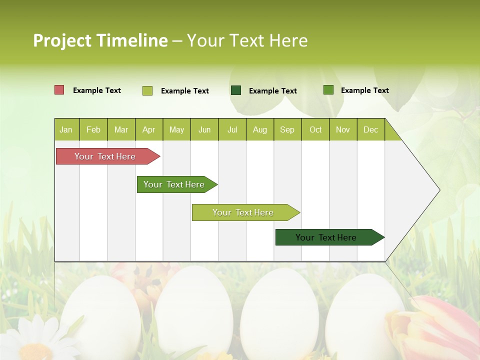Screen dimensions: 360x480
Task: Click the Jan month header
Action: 66,130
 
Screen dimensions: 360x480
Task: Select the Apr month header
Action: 149,130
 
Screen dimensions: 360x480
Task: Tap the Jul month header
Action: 232,130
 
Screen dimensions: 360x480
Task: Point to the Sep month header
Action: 287,130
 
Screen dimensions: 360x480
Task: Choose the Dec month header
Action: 370,130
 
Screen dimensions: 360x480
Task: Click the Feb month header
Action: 93,130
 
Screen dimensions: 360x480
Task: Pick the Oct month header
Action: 315,130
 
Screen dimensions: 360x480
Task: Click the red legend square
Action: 59,90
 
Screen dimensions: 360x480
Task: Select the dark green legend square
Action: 236,90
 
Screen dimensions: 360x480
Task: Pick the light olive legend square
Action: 147,90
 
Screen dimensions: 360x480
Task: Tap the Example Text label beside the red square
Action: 97,90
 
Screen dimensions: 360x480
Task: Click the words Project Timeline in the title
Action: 100,40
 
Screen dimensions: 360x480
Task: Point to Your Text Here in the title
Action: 247,40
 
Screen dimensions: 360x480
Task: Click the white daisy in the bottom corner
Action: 32,340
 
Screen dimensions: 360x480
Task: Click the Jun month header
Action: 204,130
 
